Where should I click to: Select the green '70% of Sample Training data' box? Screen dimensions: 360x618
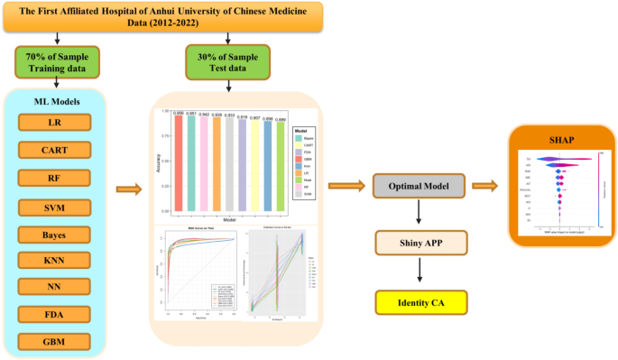(56, 62)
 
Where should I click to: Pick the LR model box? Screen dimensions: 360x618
(56, 123)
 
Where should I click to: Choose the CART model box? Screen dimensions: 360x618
(56, 150)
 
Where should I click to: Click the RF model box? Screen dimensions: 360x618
(56, 178)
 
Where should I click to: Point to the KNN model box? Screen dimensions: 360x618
(56, 261)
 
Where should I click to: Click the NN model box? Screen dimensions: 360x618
(56, 288)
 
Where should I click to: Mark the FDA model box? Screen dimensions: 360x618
(56, 316)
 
